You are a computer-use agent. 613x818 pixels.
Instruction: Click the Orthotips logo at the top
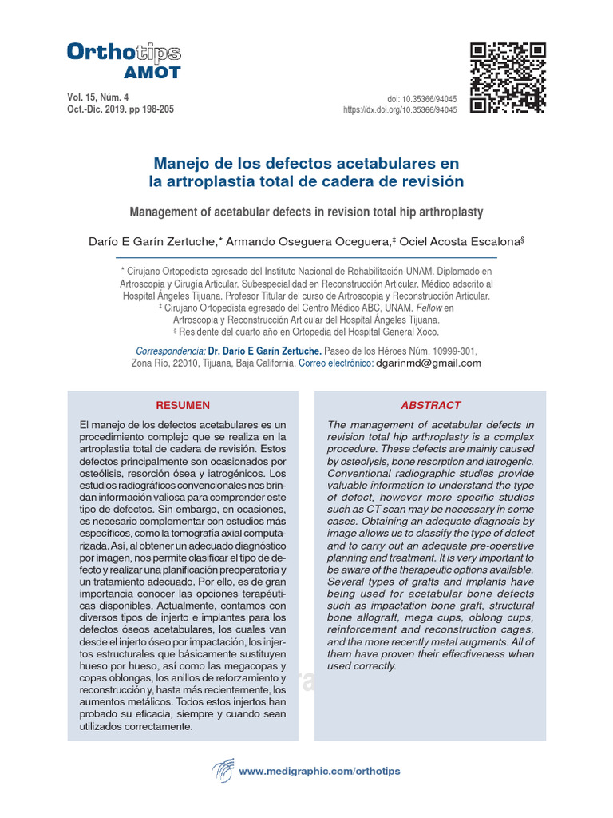click(124, 54)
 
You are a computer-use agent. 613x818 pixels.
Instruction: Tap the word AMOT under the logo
click(152, 73)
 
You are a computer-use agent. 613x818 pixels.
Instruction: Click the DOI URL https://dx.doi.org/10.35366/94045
click(400, 110)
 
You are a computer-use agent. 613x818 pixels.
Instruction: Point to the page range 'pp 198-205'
click(149, 109)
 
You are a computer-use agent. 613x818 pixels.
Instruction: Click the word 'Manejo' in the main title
click(178, 164)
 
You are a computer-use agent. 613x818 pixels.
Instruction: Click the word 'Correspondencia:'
click(171, 351)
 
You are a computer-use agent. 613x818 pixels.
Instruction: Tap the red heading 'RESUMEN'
click(183, 405)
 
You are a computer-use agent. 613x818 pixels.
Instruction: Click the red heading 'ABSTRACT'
click(430, 405)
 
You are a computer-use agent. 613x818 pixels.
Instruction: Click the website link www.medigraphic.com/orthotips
click(319, 771)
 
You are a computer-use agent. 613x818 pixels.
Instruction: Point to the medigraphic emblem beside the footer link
click(223, 772)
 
